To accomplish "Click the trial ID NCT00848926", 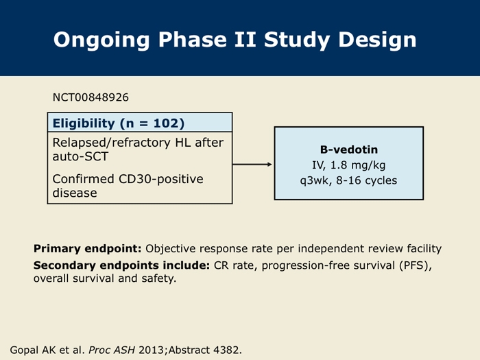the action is (91, 97).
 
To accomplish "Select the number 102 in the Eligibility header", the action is (166, 123).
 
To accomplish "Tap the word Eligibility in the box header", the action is (84, 123).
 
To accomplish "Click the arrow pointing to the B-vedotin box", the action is (252, 165).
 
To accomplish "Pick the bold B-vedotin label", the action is (349, 149).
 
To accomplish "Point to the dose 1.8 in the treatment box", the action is (339, 165).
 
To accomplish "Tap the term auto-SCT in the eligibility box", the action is (80, 156).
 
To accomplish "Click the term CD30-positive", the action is (160, 180).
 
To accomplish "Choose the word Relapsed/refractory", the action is (111, 143).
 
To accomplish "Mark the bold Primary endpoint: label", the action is (88, 248).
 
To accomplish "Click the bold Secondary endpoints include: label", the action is (121, 265).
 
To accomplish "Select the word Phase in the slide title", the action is (192, 40).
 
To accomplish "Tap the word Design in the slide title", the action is (377, 40).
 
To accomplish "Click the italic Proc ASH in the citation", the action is (112, 350).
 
